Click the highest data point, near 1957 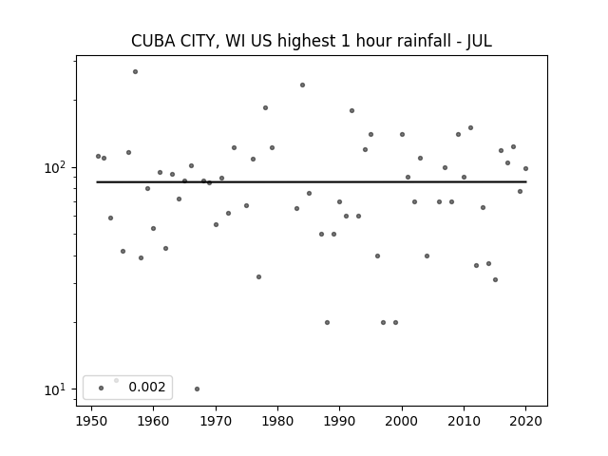click(135, 72)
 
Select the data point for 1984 click(302, 85)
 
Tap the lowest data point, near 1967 click(197, 389)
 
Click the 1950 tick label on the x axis click(91, 421)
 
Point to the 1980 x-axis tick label click(277, 421)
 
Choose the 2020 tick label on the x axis click(525, 421)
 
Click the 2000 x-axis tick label click(402, 421)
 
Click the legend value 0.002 click(147, 387)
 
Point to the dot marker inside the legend click(102, 388)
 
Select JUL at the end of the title click(479, 41)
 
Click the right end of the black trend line click(526, 181)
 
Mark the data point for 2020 click(525, 169)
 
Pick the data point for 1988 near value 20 click(327, 323)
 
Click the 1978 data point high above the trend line click(265, 107)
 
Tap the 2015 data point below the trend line click(495, 279)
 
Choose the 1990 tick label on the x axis click(340, 421)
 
